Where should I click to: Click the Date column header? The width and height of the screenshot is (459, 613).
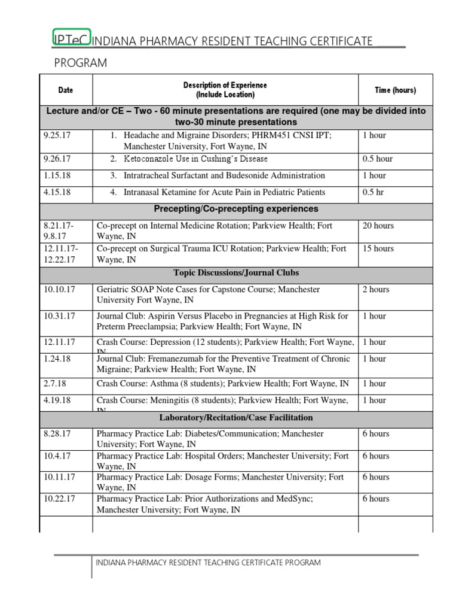coord(66,90)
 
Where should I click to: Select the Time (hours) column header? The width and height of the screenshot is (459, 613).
coord(395,90)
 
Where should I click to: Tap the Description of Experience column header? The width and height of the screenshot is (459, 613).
coord(225,90)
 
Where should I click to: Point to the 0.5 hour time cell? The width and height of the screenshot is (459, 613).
coord(377,159)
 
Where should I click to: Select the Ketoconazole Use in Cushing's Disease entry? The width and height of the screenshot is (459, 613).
coord(195,159)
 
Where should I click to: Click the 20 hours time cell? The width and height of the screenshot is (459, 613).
coord(378,226)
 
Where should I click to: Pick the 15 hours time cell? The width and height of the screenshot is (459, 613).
coord(378,248)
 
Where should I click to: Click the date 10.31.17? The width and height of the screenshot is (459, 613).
coord(60,316)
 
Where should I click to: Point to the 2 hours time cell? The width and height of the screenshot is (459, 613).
coord(376,290)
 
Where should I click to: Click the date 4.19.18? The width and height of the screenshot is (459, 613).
coord(57,400)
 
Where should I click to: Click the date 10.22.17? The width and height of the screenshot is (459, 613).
coord(60,499)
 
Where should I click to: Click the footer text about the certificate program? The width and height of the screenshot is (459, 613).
coord(208,563)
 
